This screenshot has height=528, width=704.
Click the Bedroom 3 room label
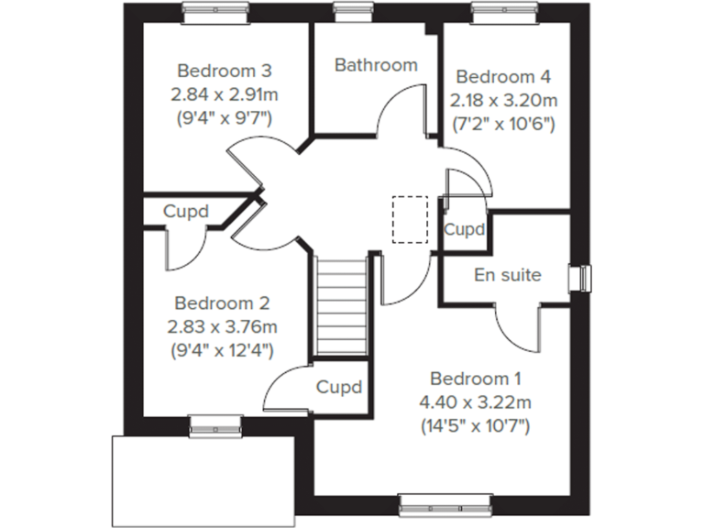point(225,70)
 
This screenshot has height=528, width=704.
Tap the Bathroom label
point(376,65)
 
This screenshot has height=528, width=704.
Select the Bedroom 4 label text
point(503,76)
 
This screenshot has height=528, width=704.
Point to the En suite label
point(507,274)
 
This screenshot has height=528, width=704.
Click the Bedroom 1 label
point(476,378)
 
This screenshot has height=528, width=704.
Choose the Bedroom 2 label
point(224,302)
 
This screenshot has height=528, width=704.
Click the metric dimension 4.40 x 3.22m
point(476,401)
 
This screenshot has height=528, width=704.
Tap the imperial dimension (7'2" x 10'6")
point(503,123)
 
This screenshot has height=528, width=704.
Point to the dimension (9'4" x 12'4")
point(224,349)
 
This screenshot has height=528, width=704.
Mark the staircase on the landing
point(341,306)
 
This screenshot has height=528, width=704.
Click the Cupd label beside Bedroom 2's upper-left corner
point(186,212)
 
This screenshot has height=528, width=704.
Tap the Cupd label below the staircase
point(339,386)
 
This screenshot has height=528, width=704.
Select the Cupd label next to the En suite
point(464,229)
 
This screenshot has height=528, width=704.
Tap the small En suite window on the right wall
point(580,277)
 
